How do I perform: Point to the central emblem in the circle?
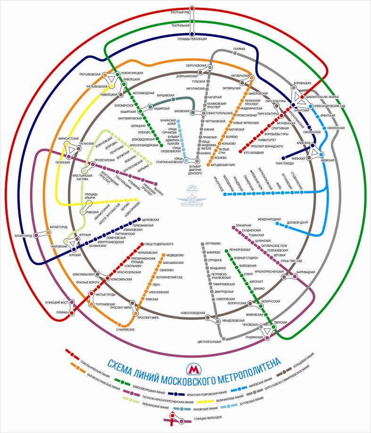point(191,195)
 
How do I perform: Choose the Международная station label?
point(269,220)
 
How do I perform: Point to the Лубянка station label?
point(63,312)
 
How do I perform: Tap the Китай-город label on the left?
point(23,235)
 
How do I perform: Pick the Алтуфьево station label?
point(214,243)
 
